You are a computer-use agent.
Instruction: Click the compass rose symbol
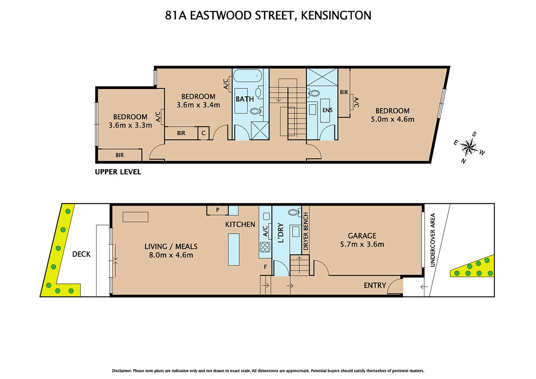469,147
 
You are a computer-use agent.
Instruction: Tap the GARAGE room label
362,236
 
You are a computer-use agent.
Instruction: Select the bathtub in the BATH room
247,76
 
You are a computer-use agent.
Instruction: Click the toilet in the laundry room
294,212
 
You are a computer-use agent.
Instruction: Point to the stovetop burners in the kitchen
265,247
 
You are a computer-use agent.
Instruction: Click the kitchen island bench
234,250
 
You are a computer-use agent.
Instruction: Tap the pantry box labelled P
217,210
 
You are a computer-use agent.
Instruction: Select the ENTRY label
375,285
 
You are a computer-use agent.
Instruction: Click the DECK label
81,254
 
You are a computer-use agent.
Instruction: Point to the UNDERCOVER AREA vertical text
433,240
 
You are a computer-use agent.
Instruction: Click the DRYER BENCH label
306,232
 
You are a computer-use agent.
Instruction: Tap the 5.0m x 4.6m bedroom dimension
393,119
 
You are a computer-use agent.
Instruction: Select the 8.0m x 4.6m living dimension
171,255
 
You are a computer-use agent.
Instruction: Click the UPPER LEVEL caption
118,172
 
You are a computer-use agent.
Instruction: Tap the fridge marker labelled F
265,267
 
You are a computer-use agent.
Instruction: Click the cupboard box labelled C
203,133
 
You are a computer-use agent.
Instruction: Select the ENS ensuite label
327,110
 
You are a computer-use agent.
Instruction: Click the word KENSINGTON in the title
336,15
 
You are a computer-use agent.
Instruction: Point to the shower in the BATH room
260,131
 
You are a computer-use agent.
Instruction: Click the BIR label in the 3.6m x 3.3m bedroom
120,155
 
